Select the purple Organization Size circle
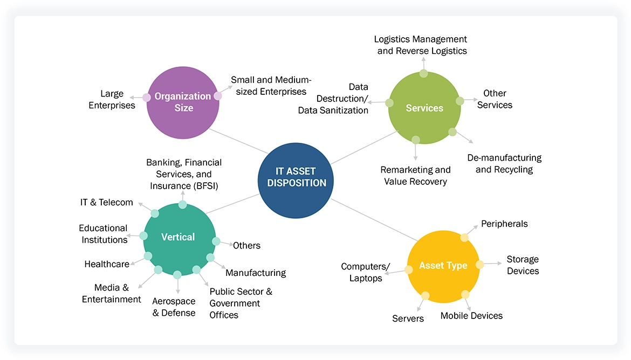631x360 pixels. point(183,102)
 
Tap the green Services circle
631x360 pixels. point(424,108)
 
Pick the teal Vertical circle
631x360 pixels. point(179,238)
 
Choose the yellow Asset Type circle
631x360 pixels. point(443,266)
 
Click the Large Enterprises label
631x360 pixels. point(112,100)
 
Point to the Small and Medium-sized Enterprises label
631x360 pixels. point(269,86)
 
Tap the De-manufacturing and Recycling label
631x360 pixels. point(504,164)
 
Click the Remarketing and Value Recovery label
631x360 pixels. point(415,176)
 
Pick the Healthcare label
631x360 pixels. point(107,264)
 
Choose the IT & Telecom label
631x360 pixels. point(106,203)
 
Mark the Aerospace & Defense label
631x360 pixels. point(174,307)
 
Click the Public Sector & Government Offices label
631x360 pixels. point(241,303)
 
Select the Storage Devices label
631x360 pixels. point(523,265)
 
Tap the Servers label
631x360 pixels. point(408,319)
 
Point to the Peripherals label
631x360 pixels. point(504,224)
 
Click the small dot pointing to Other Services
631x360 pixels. point(460,101)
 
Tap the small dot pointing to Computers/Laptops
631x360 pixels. point(409,269)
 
